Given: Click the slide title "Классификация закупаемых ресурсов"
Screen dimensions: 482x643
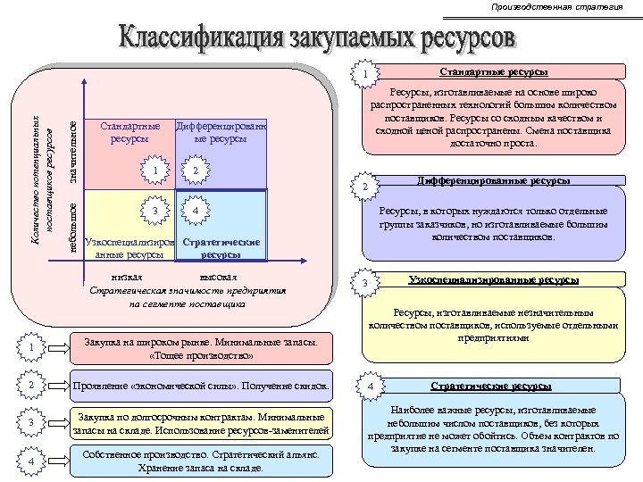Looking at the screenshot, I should pyautogui.click(x=318, y=40).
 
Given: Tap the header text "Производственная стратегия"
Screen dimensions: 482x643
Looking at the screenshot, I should pyautogui.click(x=556, y=7).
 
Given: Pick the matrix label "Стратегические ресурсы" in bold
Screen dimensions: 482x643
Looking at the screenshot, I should pyautogui.click(x=221, y=248).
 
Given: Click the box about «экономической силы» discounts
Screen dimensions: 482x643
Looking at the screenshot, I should pyautogui.click(x=202, y=386).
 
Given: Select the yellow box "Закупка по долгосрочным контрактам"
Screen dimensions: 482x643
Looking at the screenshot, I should pyautogui.click(x=202, y=424).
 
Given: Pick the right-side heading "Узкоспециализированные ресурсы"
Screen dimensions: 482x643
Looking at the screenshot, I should pyautogui.click(x=494, y=280).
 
